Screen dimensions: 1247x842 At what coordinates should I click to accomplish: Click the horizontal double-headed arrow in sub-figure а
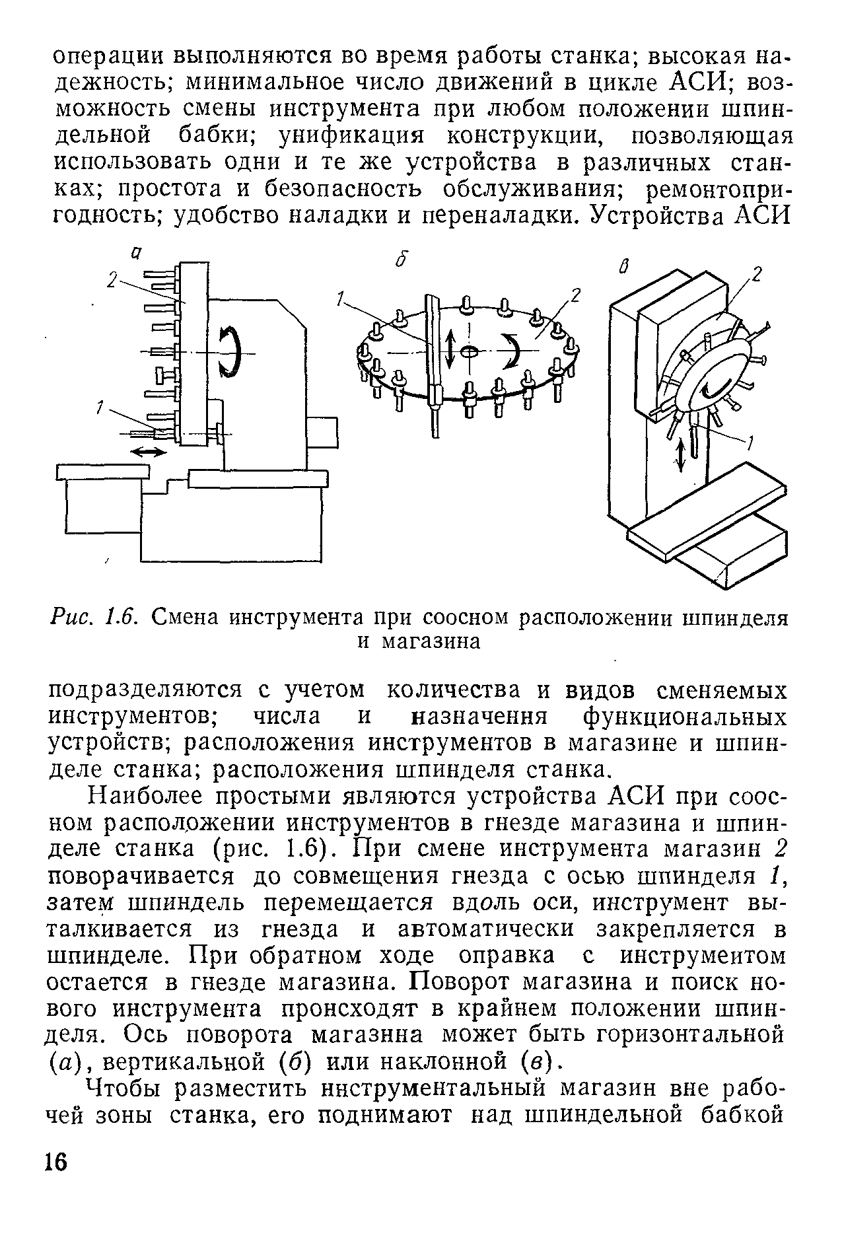click(x=149, y=452)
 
